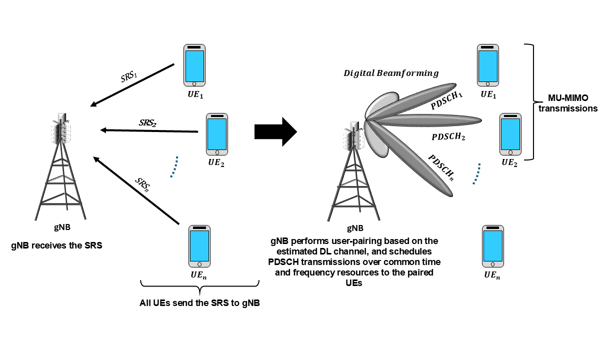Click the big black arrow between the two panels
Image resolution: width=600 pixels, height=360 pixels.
(275, 132)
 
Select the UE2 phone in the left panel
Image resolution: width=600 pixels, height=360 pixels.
(217, 133)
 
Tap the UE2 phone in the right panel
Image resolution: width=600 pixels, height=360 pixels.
(511, 133)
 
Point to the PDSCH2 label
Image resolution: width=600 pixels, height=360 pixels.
(448, 136)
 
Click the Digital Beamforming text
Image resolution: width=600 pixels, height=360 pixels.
(390, 73)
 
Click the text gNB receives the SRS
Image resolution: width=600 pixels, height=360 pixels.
(56, 246)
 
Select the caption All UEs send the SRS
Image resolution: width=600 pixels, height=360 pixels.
(199, 303)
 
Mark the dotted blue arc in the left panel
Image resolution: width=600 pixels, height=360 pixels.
(173, 166)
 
